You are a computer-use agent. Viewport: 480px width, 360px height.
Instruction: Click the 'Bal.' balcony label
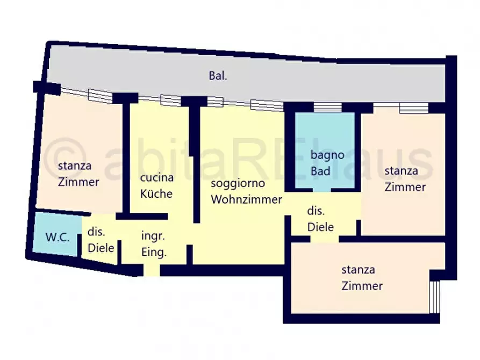click(218, 76)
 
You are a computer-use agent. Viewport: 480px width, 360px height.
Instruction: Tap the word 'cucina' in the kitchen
click(156, 178)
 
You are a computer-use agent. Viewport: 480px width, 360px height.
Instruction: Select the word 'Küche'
click(156, 193)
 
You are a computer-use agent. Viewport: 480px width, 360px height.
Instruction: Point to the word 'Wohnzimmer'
click(246, 200)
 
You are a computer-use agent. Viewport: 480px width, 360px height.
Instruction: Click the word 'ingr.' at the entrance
click(153, 235)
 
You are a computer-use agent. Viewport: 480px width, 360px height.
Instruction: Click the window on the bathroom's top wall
click(327, 108)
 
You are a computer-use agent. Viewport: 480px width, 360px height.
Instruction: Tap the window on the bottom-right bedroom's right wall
click(436, 296)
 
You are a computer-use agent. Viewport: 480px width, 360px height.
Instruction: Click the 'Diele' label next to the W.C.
click(101, 248)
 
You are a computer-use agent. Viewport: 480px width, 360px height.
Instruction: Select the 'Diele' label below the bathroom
click(320, 227)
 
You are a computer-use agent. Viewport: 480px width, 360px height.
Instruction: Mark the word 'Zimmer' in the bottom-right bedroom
click(362, 286)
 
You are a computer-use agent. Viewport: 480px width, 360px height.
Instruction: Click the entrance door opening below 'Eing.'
click(152, 270)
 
